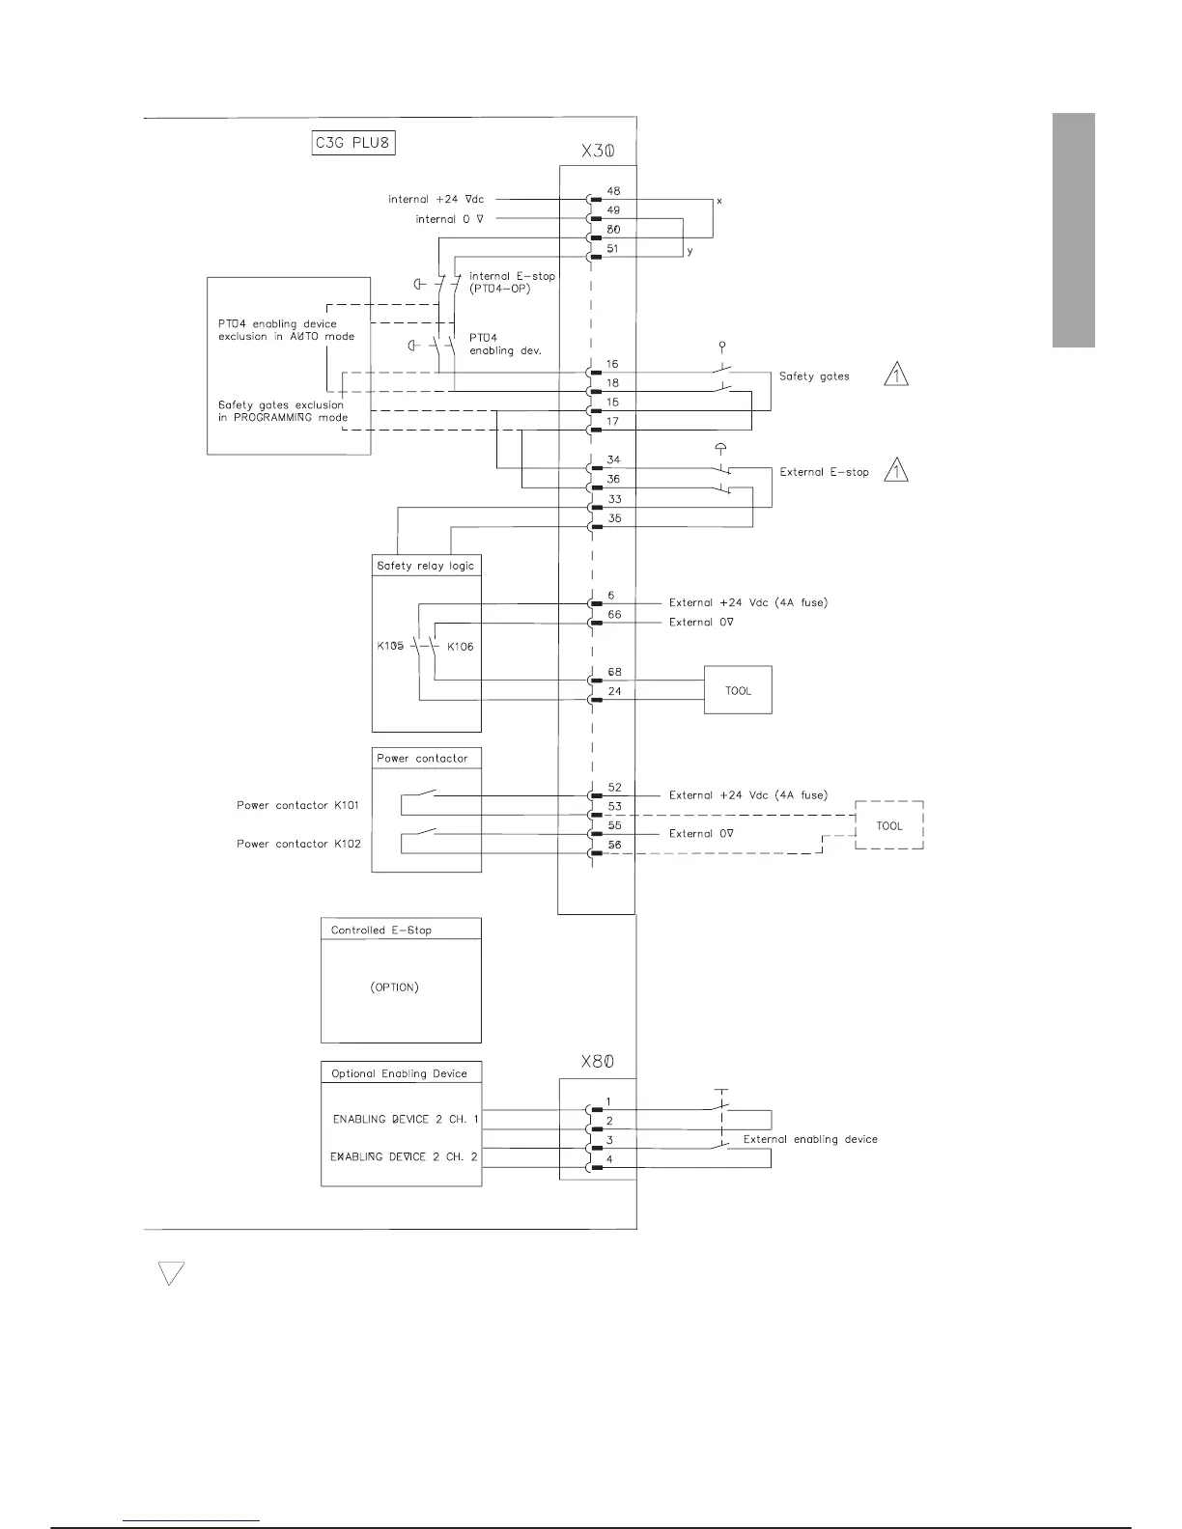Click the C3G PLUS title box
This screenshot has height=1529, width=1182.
pos(354,144)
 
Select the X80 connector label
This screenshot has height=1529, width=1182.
pos(597,1061)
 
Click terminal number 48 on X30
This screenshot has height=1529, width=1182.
pos(613,191)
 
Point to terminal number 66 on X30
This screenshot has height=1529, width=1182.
pos(614,615)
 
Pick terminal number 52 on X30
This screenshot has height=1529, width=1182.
pos(614,788)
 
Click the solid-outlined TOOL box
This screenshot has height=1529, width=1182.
pos(738,690)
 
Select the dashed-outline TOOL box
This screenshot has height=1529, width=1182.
pos(889,825)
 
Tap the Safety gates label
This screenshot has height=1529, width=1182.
pos(814,376)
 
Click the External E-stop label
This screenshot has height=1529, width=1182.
pos(824,472)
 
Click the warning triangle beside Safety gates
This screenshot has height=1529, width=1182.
pos(897,374)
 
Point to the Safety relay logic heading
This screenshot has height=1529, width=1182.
pos(426,566)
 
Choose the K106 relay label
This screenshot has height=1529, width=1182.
pos(461,647)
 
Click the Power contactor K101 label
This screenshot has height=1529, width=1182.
pos(298,805)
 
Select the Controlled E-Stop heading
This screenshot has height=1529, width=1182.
pos(381,931)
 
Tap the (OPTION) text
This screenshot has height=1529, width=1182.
pos(394,987)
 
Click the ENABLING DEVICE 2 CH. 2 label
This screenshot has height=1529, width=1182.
pos(404,1156)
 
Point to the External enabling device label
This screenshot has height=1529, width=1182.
pos(810,1139)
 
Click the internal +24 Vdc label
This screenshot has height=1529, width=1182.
pos(436,200)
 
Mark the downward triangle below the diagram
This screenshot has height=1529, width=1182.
pos(171,1273)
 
